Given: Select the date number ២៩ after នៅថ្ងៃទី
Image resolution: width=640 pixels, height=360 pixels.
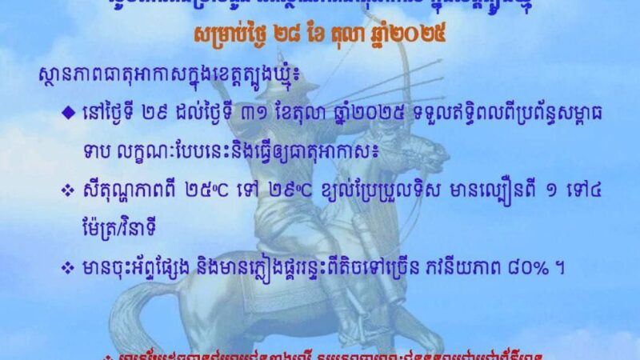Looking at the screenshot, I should coord(162,110).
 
